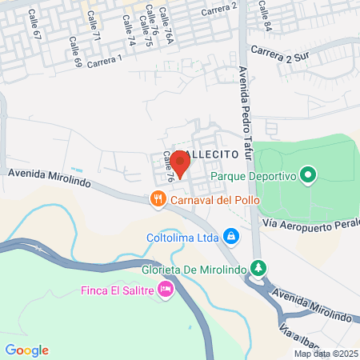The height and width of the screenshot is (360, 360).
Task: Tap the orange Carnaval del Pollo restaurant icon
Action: click(x=158, y=198)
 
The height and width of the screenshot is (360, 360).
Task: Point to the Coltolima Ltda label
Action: click(x=182, y=237)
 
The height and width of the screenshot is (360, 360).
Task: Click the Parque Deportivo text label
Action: click(x=254, y=175)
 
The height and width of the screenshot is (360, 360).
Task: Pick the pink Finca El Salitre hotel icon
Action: click(x=166, y=289)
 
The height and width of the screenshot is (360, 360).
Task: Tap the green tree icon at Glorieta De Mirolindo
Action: click(x=257, y=267)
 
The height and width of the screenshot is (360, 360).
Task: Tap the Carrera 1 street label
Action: click(x=104, y=61)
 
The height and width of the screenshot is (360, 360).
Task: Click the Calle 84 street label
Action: click(x=265, y=11)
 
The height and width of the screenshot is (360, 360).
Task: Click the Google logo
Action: click(x=26, y=350)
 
